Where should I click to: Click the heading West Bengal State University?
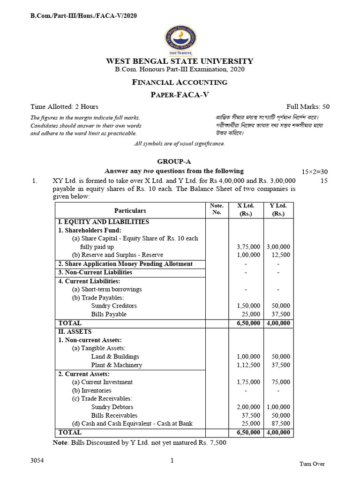pos(180,61)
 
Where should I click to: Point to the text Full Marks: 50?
pos(308,106)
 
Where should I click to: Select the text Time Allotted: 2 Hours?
pos(64,106)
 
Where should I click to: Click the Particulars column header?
pos(130,211)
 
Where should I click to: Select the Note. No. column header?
pos(217,209)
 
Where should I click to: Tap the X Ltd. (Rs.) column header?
pos(246,210)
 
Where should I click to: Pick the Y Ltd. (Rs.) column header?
pos(278,210)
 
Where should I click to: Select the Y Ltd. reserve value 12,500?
pos(281,255)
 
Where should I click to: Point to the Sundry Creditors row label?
pos(114,306)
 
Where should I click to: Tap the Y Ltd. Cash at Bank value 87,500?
pos(281,424)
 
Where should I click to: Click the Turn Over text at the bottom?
pos(312,464)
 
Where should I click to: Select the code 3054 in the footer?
pos(37,461)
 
